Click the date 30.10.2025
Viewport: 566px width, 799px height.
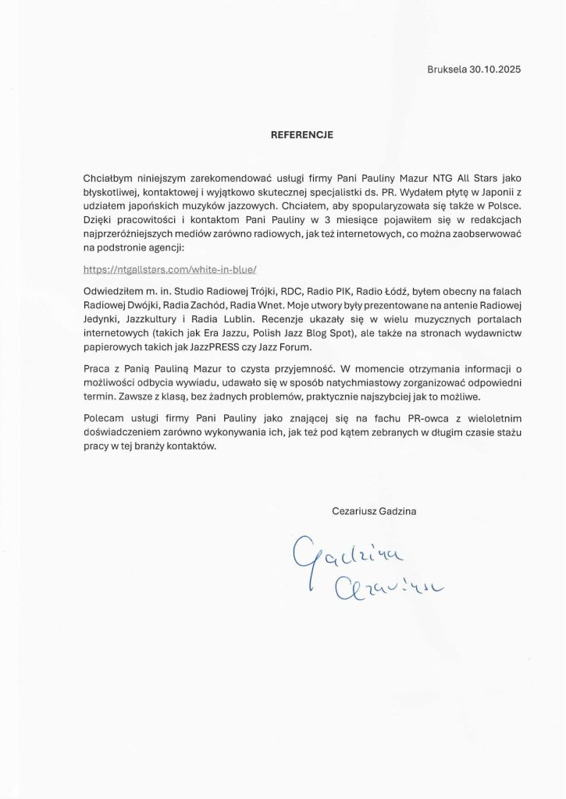[495, 69]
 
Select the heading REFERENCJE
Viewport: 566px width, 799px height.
[302, 135]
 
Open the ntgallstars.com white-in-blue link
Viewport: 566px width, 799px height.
[169, 270]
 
